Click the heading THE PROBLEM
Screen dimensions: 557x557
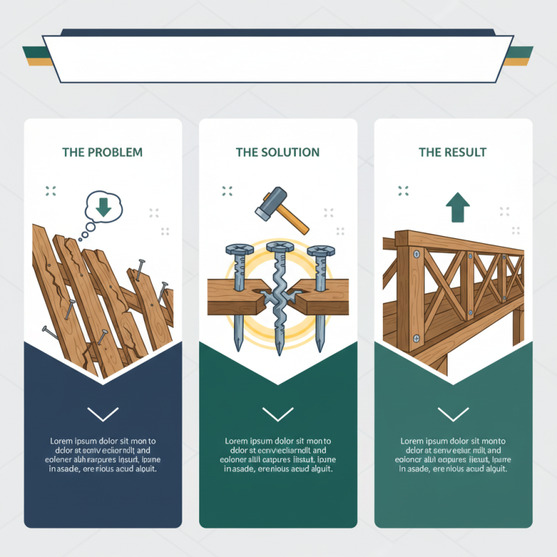point(102,152)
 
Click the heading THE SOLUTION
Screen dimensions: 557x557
point(278,152)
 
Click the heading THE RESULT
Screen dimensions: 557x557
point(453,152)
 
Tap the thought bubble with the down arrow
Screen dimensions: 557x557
point(102,207)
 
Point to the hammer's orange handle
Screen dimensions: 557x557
point(298,222)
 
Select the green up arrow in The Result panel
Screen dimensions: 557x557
point(457,207)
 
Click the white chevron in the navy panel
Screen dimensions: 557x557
point(103,414)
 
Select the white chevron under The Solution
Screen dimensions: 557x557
point(278,414)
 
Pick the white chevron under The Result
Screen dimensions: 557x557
point(453,414)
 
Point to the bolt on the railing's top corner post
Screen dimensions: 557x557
point(416,255)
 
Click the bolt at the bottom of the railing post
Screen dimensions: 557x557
point(416,339)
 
